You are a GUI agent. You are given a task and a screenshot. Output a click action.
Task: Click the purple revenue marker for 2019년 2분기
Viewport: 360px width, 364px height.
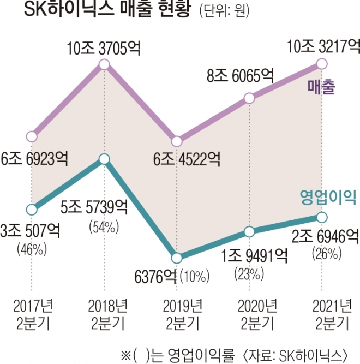(x=176, y=141)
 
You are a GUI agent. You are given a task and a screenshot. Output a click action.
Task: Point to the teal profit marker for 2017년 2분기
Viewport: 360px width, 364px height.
(x=32, y=209)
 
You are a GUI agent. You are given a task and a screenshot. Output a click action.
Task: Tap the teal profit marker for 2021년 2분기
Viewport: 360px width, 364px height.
(x=321, y=218)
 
